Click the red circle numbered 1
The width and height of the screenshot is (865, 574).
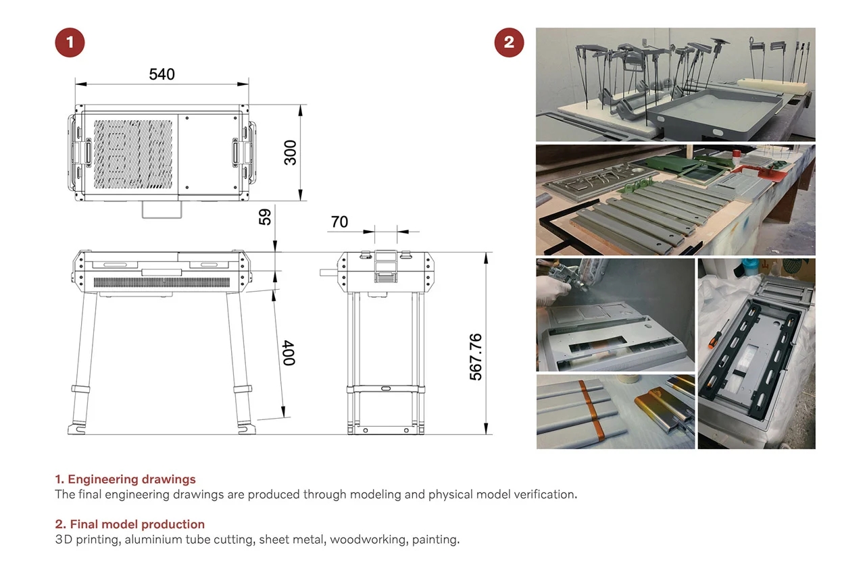click(x=70, y=43)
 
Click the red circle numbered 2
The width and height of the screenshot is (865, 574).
click(x=509, y=43)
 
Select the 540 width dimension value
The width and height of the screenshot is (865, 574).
click(x=162, y=74)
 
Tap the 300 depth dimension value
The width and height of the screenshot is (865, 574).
click(x=290, y=153)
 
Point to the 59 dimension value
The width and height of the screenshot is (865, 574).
click(x=265, y=217)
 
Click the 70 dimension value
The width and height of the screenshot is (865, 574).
click(x=340, y=222)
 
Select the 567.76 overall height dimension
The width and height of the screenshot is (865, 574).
click(x=476, y=357)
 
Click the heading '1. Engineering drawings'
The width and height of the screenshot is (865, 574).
click(x=125, y=479)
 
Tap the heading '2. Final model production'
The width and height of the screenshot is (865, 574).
click(x=130, y=524)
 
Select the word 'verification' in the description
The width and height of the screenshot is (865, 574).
click(x=543, y=494)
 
